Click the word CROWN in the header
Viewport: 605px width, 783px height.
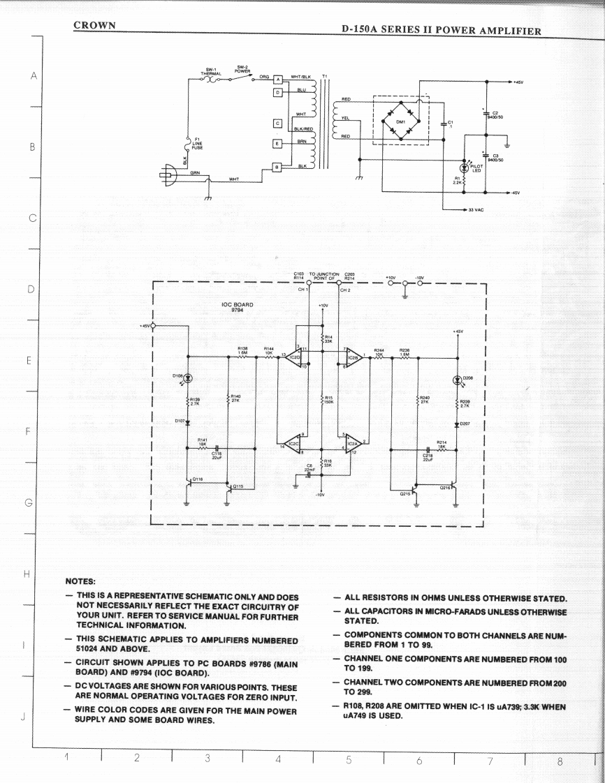click(x=94, y=25)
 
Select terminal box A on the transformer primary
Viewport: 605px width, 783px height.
click(x=277, y=80)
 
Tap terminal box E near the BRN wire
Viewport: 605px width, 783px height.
click(x=277, y=143)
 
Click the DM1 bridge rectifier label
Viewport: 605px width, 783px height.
click(x=400, y=121)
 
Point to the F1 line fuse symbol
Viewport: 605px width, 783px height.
click(x=187, y=145)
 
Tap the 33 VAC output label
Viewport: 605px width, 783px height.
click(x=478, y=209)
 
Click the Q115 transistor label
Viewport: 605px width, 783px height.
click(x=238, y=486)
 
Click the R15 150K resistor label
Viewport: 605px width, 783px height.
click(x=328, y=400)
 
